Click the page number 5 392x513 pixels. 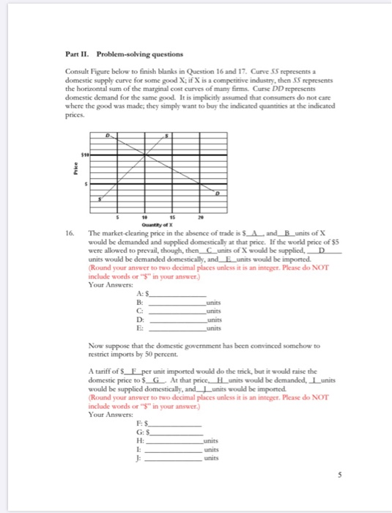(x=339, y=475)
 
